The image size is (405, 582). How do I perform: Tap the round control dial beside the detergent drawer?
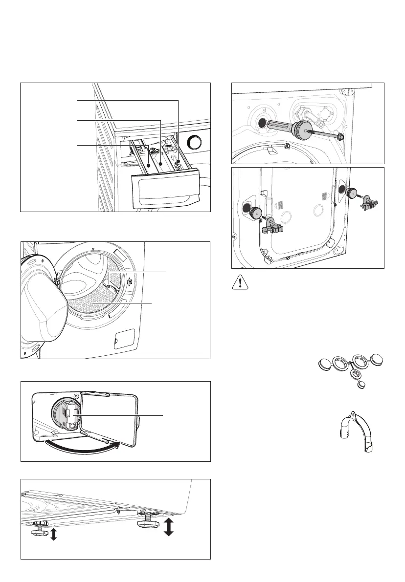(x=195, y=143)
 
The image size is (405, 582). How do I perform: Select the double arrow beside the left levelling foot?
(x=53, y=535)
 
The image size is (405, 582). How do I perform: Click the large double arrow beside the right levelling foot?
(x=169, y=527)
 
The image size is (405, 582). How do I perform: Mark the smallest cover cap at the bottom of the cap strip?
(x=361, y=385)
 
